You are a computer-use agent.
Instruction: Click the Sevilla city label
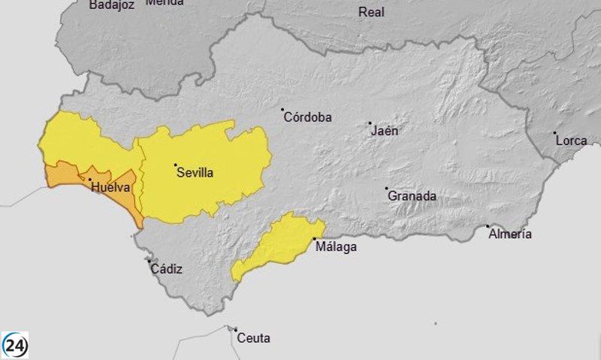[x=195, y=173]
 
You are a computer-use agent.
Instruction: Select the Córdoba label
[x=308, y=117]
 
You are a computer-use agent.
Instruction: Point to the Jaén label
[x=385, y=131]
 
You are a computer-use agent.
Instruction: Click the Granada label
[x=412, y=196]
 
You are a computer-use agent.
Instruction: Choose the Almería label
[x=510, y=234]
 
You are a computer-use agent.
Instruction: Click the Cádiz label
[x=166, y=269]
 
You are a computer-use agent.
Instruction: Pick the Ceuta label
[x=253, y=338]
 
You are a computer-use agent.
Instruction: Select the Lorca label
[x=572, y=141]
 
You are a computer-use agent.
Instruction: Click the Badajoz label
[x=111, y=5]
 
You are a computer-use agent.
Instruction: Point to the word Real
[x=371, y=12]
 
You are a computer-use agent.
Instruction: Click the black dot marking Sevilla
[x=175, y=165]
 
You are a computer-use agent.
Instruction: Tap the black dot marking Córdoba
[x=282, y=110]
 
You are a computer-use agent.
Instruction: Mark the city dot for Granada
[x=387, y=189]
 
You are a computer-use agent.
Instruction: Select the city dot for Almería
[x=488, y=226]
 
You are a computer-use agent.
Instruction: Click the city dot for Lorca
[x=555, y=133]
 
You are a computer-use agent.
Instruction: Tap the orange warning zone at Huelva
[x=64, y=175]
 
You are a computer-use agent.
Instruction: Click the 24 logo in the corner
[x=15, y=345]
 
